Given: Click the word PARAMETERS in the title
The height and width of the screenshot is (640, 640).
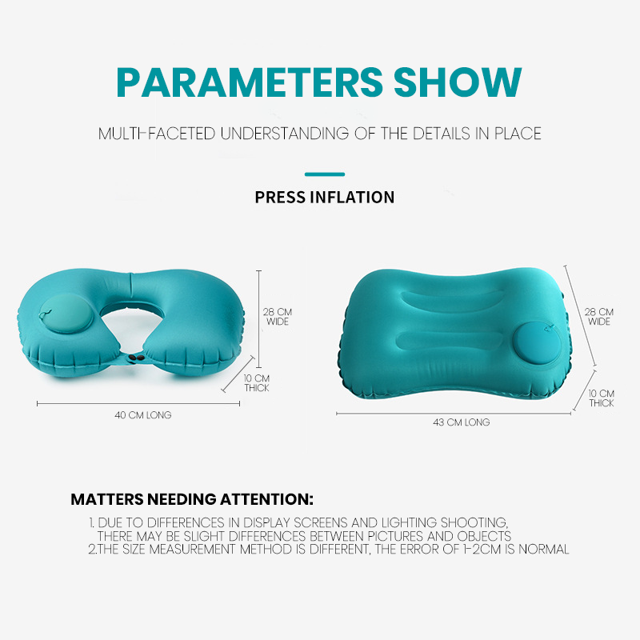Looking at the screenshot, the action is tap(250, 82).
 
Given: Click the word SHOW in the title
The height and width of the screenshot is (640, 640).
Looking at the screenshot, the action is tap(458, 82).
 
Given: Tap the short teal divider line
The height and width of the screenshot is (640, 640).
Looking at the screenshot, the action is tap(325, 174).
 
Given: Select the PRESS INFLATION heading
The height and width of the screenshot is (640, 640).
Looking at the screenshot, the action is tap(325, 197).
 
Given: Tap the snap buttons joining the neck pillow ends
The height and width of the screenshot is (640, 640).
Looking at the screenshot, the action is tap(136, 358).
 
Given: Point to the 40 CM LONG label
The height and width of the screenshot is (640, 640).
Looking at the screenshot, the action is tap(143, 415).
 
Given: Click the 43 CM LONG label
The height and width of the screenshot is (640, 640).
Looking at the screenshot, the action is tap(462, 422).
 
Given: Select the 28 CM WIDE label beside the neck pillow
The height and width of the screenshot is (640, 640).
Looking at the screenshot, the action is tap(278, 317).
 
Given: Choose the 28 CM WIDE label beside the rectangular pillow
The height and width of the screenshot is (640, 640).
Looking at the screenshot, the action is tap(598, 317).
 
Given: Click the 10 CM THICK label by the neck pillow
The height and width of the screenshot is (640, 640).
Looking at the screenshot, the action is tap(257, 383).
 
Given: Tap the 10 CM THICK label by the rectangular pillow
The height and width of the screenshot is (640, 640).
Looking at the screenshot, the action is tap(602, 398).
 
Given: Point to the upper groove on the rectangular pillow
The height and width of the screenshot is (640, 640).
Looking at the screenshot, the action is tap(452, 300).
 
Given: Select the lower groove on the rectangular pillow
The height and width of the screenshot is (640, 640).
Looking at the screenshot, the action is tap(450, 340).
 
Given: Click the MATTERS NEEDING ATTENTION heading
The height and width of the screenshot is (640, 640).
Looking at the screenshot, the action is tap(192, 499).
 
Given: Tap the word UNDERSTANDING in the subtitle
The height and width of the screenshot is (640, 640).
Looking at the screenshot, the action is tap(285, 134).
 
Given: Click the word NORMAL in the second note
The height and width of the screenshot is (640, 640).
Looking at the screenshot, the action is tap(544, 549).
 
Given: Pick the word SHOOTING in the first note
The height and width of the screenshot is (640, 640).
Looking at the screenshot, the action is tap(474, 522).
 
